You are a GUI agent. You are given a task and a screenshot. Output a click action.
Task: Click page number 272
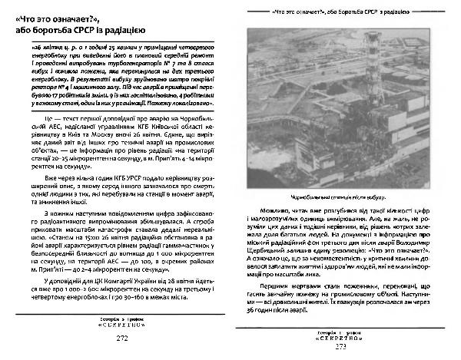pyautogui.click(x=121, y=338)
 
